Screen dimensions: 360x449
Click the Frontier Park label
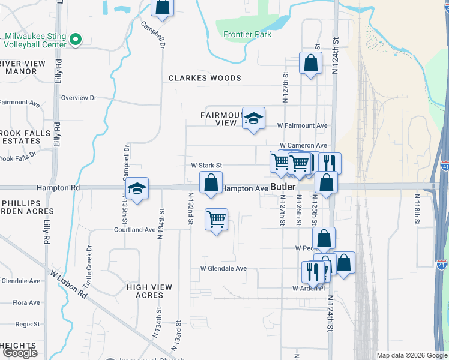click(247, 34)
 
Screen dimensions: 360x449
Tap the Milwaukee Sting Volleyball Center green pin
click(75, 40)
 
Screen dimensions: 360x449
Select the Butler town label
click(283, 187)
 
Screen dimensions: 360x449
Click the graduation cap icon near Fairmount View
click(253, 118)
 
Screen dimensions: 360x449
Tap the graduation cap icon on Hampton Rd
click(137, 189)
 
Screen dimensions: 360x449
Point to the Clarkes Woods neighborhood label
click(205, 78)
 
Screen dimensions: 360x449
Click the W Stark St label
click(206, 165)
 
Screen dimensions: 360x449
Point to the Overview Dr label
click(78, 98)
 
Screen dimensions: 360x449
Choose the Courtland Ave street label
click(136, 230)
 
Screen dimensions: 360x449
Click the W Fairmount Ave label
click(302, 125)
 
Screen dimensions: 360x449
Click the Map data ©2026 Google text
click(411, 355)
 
